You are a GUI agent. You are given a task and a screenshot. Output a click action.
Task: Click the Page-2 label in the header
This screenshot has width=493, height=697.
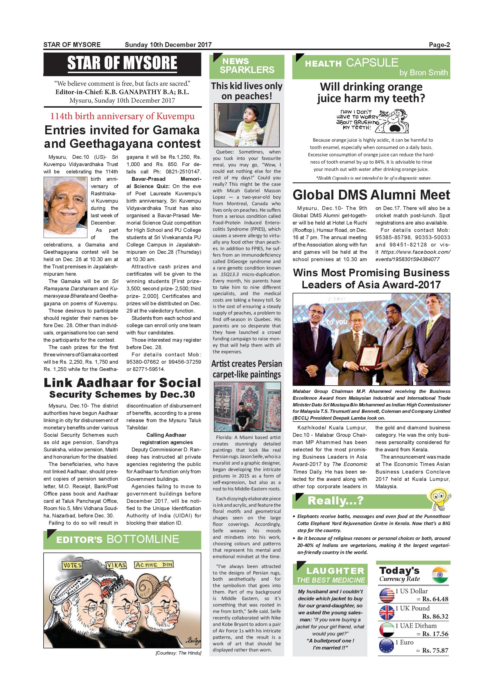439,45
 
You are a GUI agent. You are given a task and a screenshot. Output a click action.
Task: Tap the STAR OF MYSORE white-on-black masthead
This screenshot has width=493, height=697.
122,63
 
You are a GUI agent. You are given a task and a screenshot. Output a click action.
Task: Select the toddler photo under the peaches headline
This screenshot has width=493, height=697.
246,125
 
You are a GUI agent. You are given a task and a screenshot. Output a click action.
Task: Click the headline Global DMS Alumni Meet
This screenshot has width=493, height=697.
371,195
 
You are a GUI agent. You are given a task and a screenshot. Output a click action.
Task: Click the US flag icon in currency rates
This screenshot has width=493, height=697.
387,595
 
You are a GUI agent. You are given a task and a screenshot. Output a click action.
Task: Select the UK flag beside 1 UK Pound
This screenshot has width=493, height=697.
387,612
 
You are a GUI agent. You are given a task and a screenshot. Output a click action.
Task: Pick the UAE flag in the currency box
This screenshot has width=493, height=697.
387,630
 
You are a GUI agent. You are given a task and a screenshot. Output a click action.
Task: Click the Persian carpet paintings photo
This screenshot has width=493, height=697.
246,407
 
